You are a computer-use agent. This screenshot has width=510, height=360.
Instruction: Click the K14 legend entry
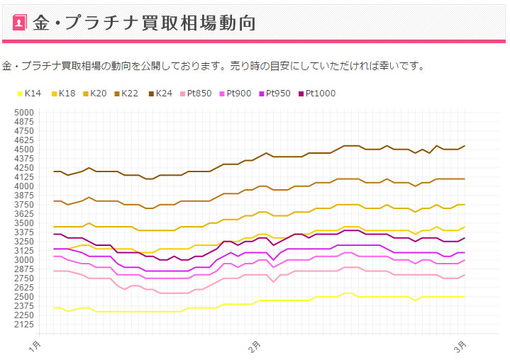pyautogui.click(x=29, y=94)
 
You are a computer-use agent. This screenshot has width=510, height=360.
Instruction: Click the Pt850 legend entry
pyautogui.click(x=196, y=94)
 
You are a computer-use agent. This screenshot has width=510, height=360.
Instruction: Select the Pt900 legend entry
pyautogui.click(x=236, y=94)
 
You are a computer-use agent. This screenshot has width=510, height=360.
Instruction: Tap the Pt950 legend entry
pyautogui.click(x=275, y=94)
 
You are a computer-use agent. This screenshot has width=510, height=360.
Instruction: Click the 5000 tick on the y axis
pyautogui.click(x=24, y=113)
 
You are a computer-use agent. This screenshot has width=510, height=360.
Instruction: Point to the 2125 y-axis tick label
pyautogui.click(x=24, y=325)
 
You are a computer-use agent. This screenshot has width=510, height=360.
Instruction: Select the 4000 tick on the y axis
pyautogui.click(x=24, y=186)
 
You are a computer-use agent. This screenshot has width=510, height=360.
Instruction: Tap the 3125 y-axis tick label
pyautogui.click(x=24, y=251)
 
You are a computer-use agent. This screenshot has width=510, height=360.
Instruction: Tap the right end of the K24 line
pyautogui.click(x=465, y=146)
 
